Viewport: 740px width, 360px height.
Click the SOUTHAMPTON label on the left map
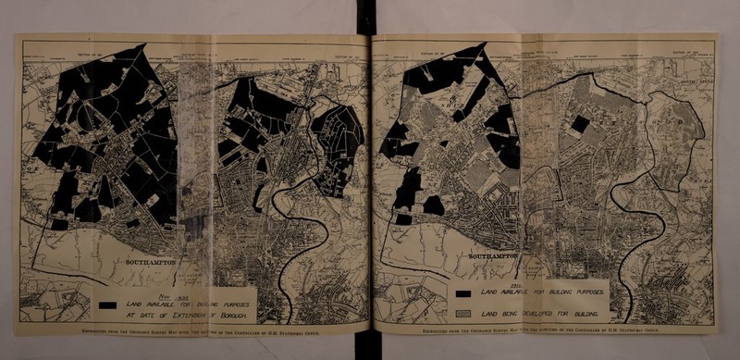[x=154, y=262]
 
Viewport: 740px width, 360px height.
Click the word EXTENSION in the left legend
[x=190, y=315]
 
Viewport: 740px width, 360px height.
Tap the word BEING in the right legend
[x=506, y=315]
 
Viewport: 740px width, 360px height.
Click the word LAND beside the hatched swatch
[x=485, y=315]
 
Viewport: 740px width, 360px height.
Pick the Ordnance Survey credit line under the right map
[x=546, y=329]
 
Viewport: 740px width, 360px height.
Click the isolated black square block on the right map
[x=580, y=125]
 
